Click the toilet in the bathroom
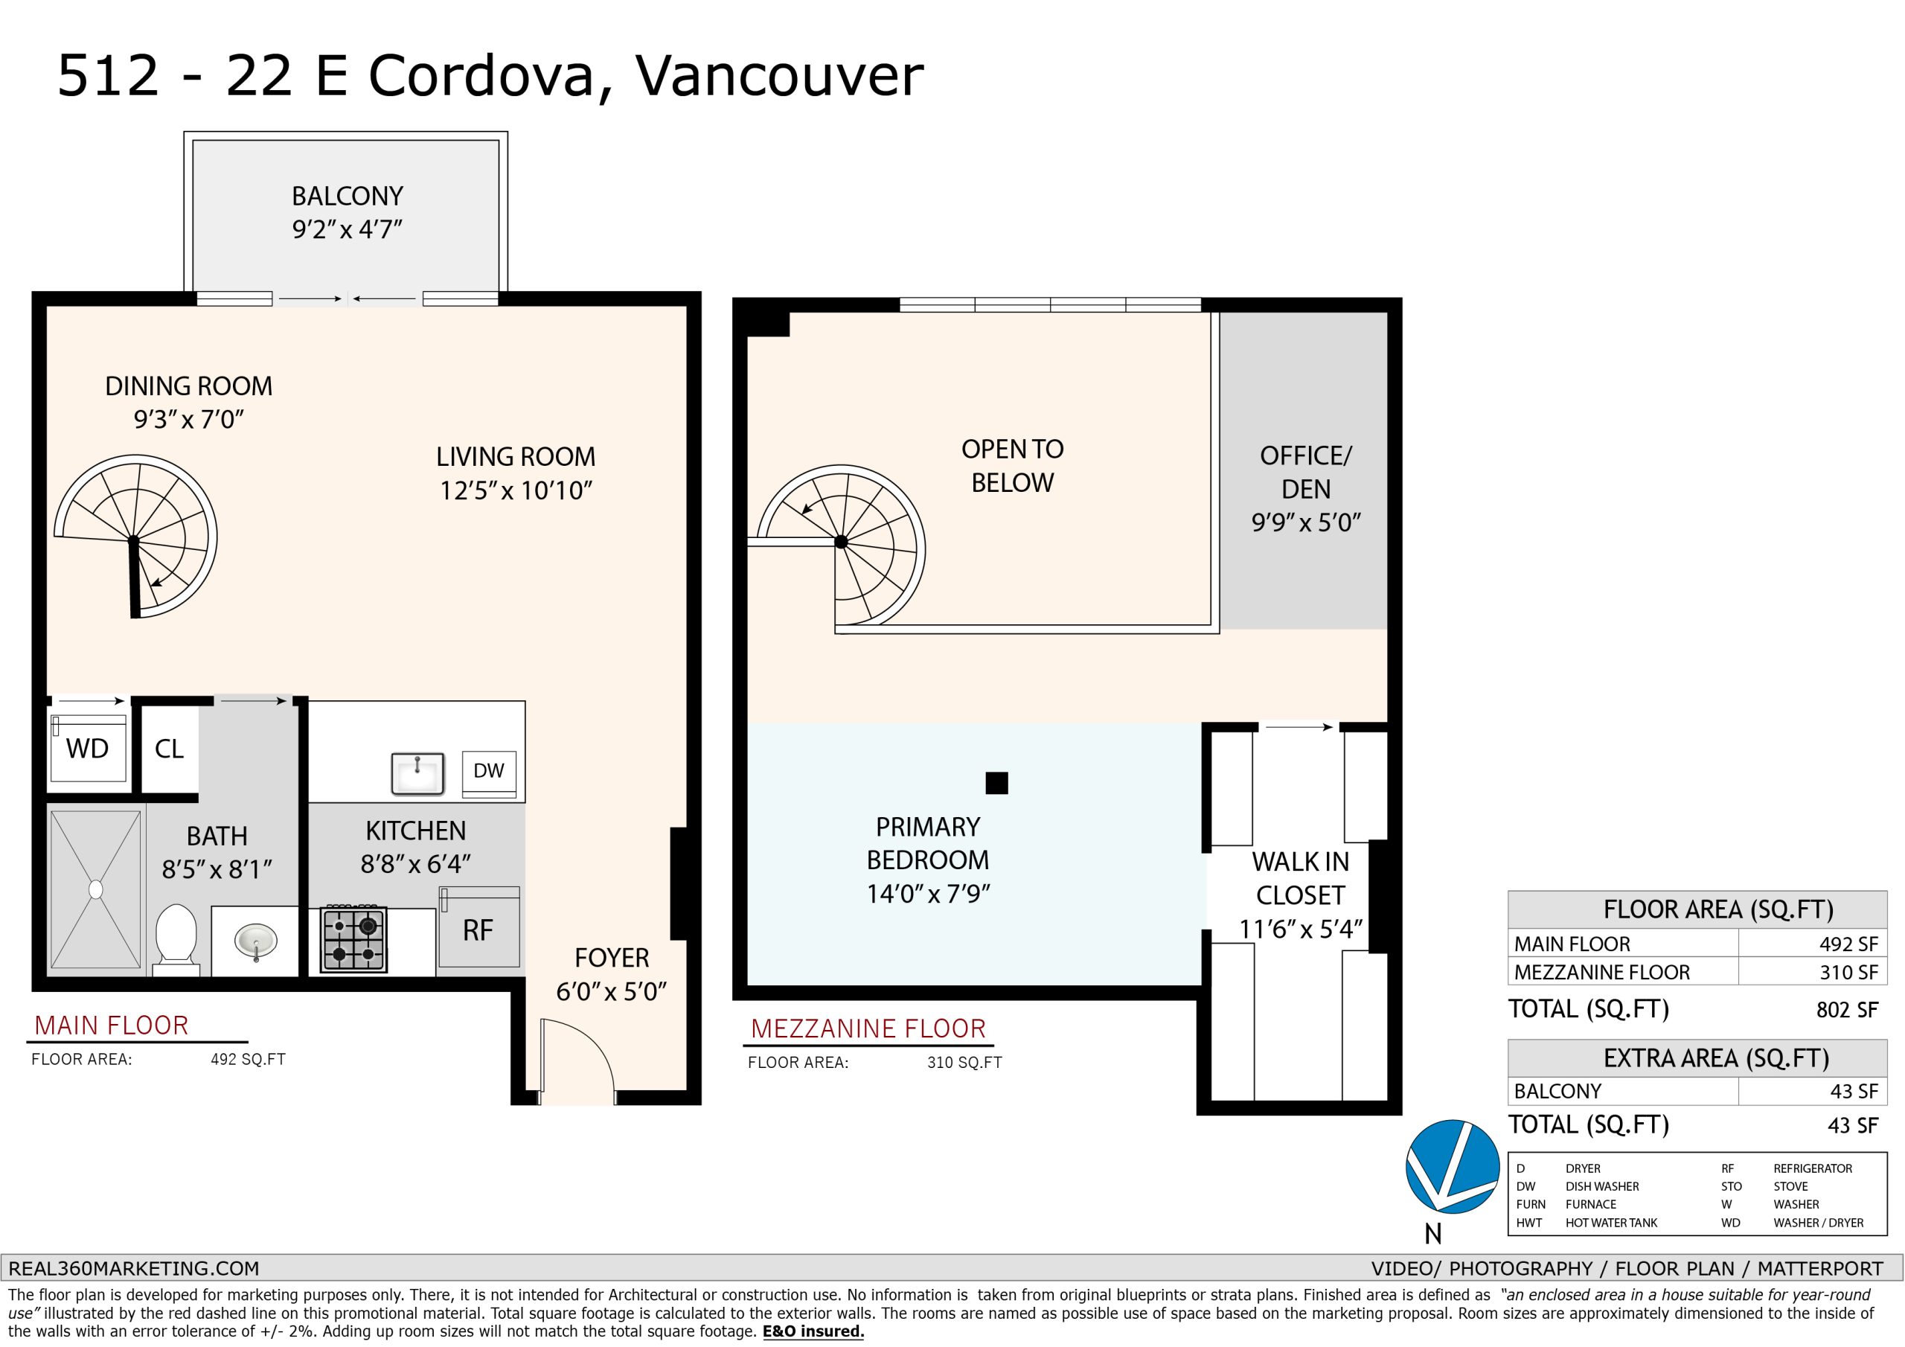point(176,938)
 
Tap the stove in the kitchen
point(353,939)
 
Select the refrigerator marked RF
point(479,927)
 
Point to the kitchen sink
point(418,772)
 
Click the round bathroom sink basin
point(255,941)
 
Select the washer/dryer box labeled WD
point(88,748)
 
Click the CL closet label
point(169,749)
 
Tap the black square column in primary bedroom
point(996,783)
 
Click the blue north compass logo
point(1452,1166)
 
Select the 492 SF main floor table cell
point(1848,944)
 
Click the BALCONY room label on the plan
point(347,196)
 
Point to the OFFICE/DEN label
point(1306,473)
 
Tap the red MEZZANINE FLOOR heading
point(868,1029)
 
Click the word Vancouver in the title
point(779,77)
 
